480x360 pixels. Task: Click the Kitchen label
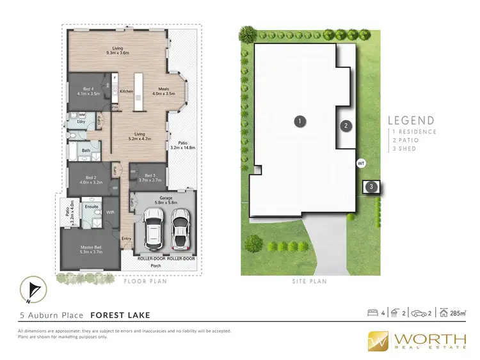coord(126,91)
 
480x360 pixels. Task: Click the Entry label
coord(126,239)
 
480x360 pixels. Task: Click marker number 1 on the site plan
coord(298,120)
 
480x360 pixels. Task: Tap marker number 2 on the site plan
coord(346,126)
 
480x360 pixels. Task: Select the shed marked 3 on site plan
coord(371,187)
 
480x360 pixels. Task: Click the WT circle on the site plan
coord(361,163)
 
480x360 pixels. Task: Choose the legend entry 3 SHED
coord(405,148)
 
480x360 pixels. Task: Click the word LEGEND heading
coord(412,120)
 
